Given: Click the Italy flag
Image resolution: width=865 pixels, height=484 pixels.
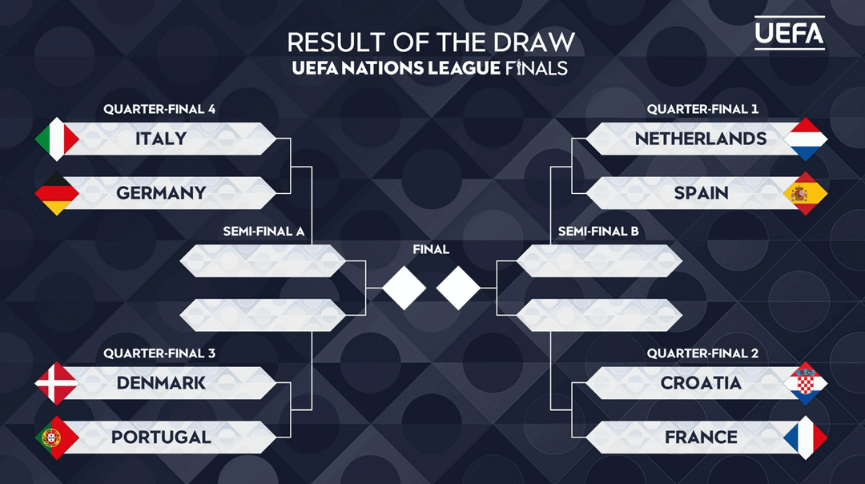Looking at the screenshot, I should [57, 139].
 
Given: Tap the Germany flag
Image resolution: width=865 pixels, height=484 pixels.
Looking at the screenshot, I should [57, 193].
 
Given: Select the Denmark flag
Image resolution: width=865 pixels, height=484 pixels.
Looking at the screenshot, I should [57, 383].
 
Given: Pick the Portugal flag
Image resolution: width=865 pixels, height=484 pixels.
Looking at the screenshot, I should [57, 438].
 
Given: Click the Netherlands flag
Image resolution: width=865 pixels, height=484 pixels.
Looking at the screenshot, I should [805, 139].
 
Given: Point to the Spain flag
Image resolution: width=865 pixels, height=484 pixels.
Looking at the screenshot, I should [805, 193].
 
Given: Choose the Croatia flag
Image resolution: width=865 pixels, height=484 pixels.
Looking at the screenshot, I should [805, 383].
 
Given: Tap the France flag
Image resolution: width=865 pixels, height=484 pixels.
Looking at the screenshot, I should [805, 438].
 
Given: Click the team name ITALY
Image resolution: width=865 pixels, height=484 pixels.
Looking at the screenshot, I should [161, 139].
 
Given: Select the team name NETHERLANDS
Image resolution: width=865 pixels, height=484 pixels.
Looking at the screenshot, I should [701, 139].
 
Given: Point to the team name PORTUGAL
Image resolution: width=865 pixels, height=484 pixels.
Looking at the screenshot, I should [161, 438].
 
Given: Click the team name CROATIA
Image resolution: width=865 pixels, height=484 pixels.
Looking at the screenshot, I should [701, 383].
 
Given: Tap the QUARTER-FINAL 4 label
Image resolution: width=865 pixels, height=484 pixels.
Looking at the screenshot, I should [159, 109].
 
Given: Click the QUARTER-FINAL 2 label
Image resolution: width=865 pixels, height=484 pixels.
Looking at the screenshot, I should [702, 353].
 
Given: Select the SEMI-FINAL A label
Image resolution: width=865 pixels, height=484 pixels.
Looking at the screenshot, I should [264, 232].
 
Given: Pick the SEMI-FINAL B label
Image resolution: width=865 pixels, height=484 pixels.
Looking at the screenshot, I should [597, 232].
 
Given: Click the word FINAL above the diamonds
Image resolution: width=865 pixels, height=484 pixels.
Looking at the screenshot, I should [431, 249].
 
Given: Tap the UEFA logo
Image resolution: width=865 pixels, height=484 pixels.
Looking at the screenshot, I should [789, 32].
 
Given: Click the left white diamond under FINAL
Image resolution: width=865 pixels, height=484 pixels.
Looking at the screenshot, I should [404, 287].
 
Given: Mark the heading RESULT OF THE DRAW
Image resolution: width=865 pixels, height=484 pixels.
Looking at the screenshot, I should [431, 42].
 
